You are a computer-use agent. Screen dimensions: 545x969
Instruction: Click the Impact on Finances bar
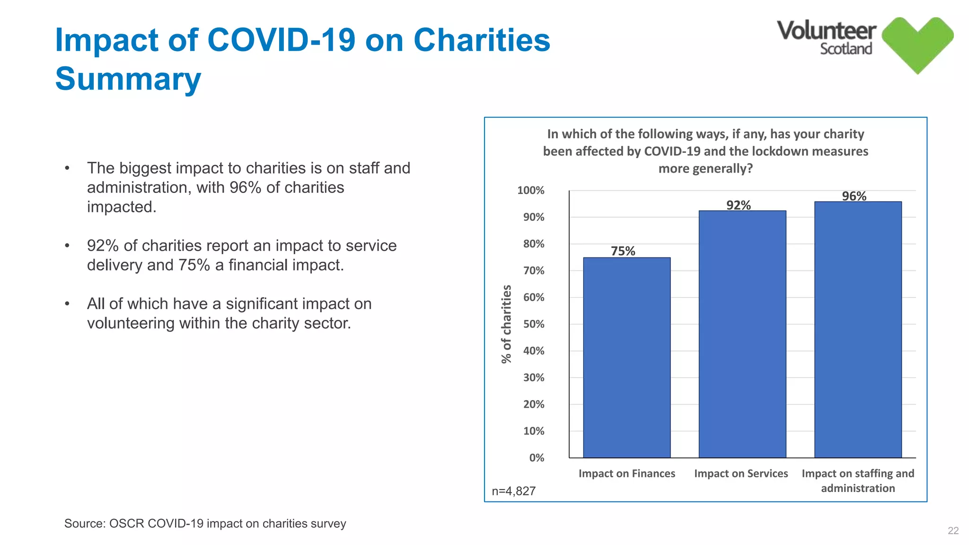[626, 357]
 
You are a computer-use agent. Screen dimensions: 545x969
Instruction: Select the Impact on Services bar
[742, 334]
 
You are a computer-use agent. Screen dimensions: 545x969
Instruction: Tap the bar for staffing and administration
[857, 329]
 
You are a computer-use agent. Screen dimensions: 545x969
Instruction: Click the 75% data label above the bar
[623, 251]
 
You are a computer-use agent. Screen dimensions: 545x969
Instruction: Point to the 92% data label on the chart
[738, 205]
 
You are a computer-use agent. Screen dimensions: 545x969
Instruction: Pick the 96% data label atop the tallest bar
[854, 196]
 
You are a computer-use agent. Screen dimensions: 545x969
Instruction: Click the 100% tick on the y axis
[531, 190]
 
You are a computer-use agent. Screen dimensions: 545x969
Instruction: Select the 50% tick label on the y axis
[534, 324]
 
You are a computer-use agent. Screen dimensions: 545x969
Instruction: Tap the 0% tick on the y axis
[537, 457]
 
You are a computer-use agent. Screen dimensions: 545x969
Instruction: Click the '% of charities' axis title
[506, 324]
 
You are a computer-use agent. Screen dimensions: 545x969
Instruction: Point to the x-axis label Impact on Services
[741, 473]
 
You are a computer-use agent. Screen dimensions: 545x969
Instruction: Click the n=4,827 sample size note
[513, 491]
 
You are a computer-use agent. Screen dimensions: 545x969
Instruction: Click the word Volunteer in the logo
[826, 31]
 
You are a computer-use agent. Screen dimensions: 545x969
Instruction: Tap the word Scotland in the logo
[846, 49]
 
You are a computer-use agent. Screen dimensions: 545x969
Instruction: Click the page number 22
[953, 531]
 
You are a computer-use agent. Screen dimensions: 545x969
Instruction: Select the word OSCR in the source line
[126, 524]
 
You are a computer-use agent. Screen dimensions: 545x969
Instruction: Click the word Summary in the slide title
[128, 79]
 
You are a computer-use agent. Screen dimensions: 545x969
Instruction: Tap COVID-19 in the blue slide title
[281, 40]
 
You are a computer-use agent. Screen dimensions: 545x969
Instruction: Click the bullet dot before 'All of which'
[67, 304]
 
